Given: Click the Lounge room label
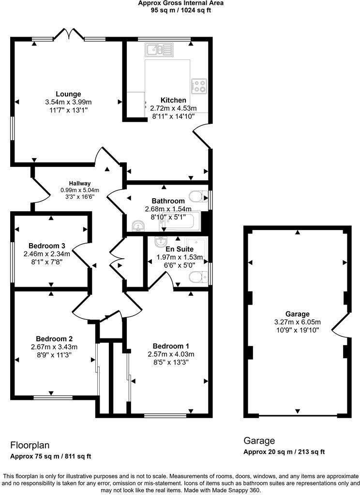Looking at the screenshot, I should pos(68,94).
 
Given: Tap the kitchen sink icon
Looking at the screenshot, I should pos(158,49).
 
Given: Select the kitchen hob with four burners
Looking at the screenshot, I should pos(199,86).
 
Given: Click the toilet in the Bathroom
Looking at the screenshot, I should pos(197,197).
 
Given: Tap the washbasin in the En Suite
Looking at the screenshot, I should pos(161,241).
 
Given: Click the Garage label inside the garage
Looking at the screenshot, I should pos(297,314).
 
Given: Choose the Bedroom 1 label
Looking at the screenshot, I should pos(171,346).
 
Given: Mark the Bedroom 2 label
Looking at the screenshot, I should pos(54,338).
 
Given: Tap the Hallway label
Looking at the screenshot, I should pos(79,183).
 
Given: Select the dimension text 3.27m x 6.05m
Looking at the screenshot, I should pos(298,322).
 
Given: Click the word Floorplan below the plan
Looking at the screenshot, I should pos(30,445).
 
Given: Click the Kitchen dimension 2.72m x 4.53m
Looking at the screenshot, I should pos(173,108).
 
